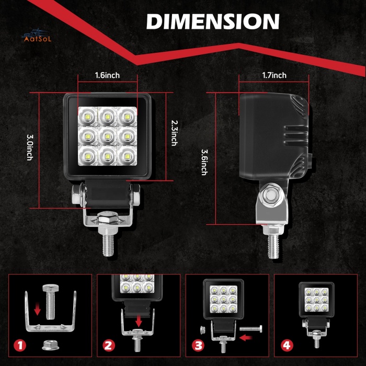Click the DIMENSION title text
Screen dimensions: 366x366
(x=212, y=21)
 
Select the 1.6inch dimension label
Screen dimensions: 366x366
(x=107, y=75)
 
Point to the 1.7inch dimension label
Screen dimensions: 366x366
(x=274, y=75)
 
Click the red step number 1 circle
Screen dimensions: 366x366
(x=20, y=346)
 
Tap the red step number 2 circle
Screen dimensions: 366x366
(x=109, y=346)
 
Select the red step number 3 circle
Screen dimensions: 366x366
(x=197, y=346)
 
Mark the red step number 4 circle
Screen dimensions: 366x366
(x=286, y=346)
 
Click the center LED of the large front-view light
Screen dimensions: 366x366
(x=107, y=136)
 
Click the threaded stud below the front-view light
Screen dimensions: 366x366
(x=108, y=244)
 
